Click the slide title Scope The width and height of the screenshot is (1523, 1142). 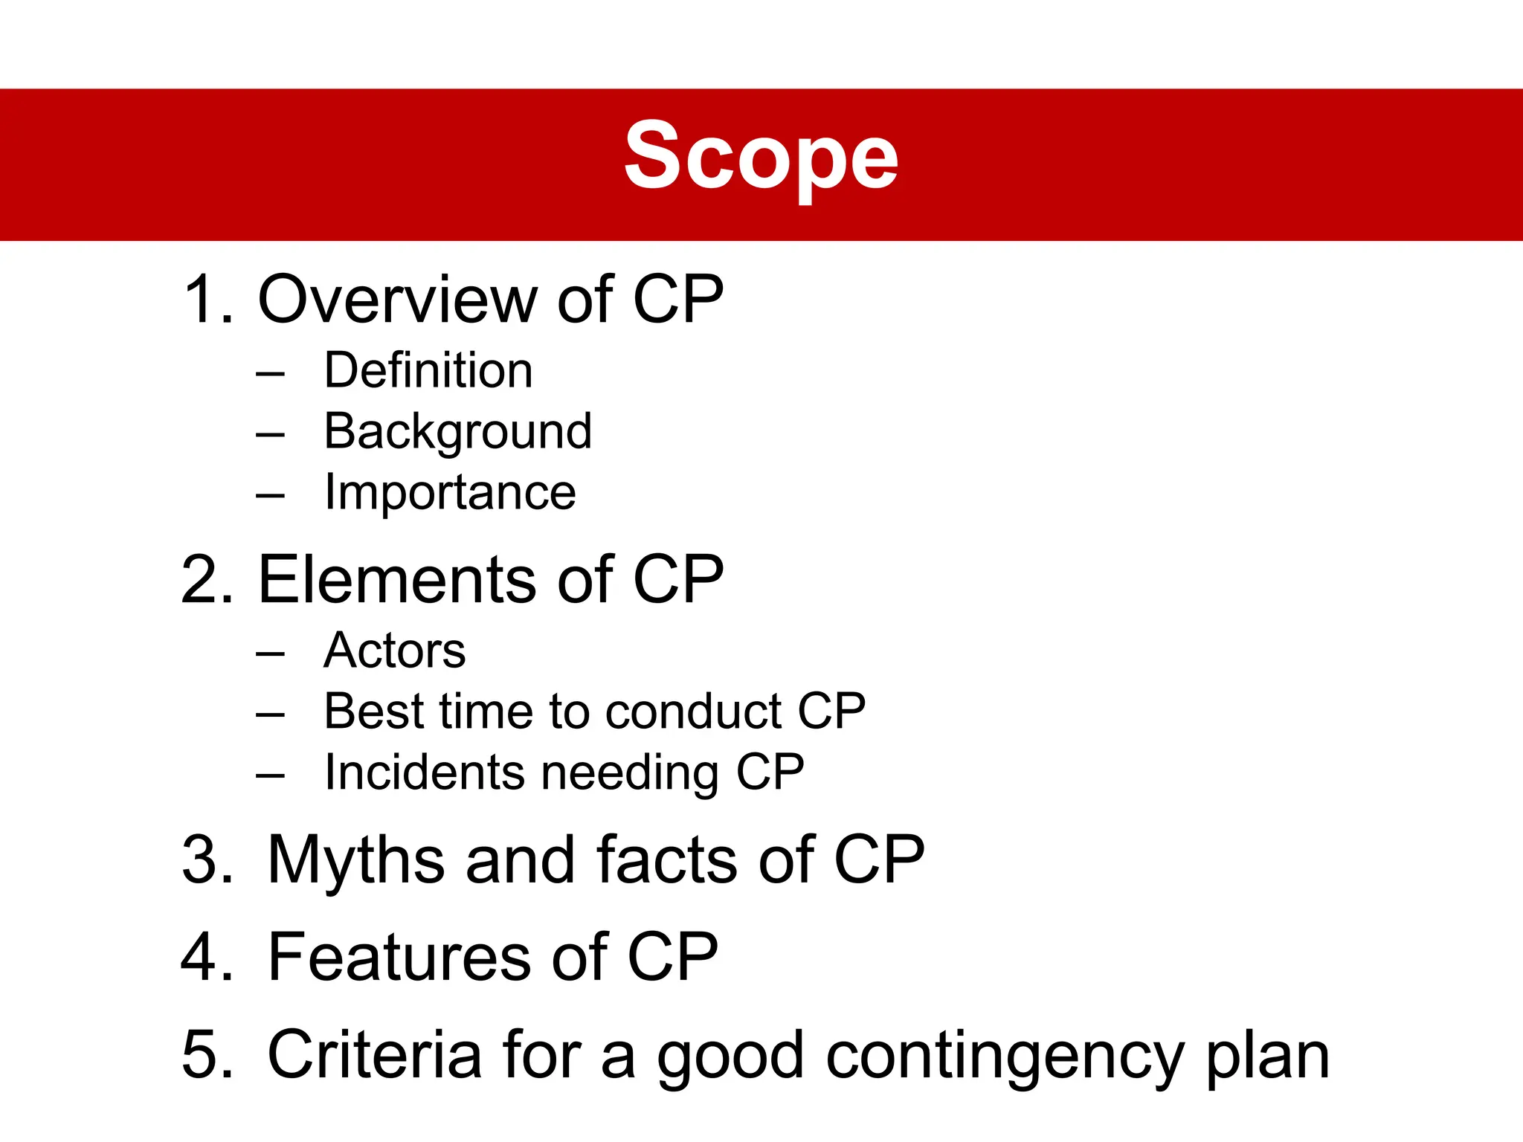click(x=761, y=158)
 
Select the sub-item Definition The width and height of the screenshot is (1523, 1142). click(x=428, y=370)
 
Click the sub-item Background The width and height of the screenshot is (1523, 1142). click(x=458, y=432)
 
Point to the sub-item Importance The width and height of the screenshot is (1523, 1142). click(x=450, y=493)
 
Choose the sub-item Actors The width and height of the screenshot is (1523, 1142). click(x=395, y=651)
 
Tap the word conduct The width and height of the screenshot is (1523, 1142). click(x=692, y=712)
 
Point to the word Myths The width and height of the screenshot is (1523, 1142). click(x=357, y=861)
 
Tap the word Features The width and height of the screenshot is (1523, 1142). click(x=399, y=957)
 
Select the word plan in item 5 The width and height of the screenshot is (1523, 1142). click(x=1267, y=1057)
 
